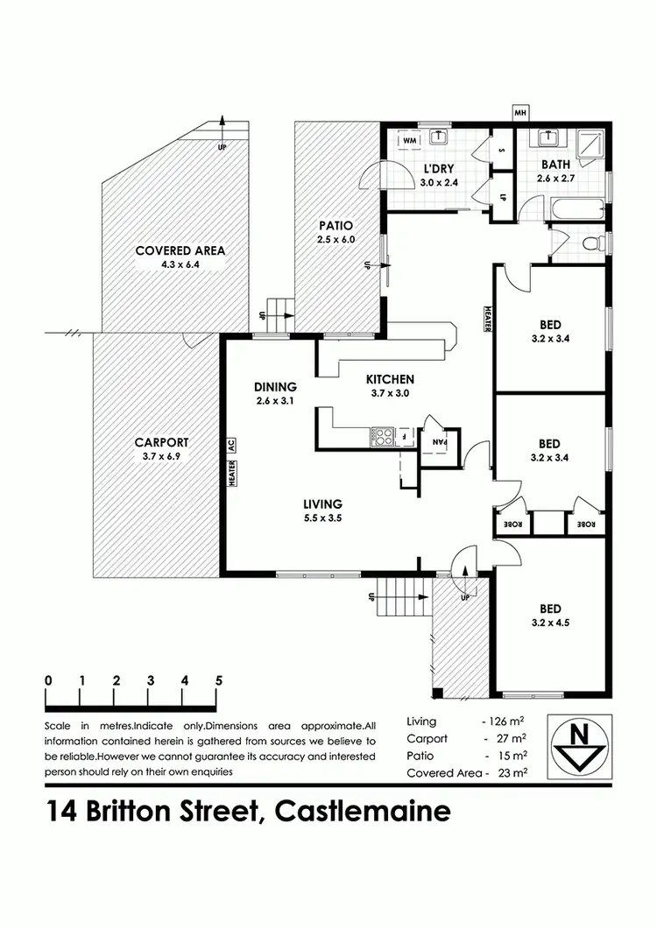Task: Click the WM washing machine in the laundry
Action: (409, 139)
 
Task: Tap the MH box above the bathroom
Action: (519, 113)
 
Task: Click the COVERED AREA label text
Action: (180, 250)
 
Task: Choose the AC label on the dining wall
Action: (232, 444)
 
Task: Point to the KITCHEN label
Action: (390, 379)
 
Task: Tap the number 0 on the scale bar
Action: (47, 680)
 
